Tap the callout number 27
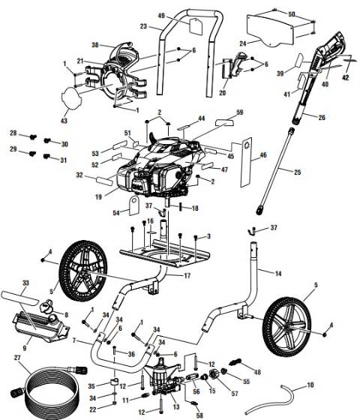[x=17, y=358]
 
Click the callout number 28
[x=13, y=133]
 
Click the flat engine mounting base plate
[x=165, y=250]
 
